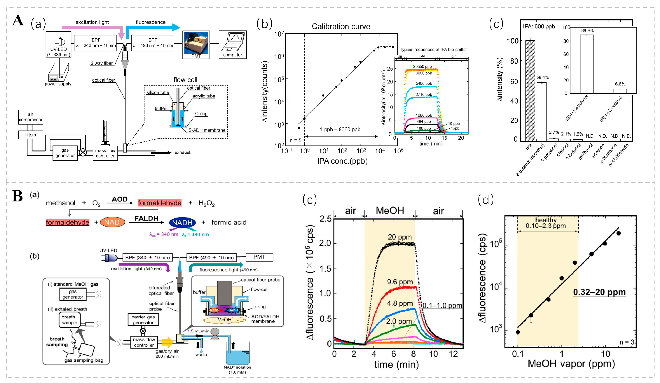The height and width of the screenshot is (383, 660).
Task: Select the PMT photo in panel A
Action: (x=196, y=43)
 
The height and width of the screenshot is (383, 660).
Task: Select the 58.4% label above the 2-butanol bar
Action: (x=542, y=77)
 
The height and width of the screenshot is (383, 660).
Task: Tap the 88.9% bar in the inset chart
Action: (x=587, y=64)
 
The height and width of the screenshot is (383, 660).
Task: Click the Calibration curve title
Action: (x=341, y=26)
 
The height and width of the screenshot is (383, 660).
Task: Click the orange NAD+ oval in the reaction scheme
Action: (x=113, y=222)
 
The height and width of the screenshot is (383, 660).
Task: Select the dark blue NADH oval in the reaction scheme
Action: (x=182, y=222)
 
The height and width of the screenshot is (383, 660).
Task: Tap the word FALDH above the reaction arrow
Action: (x=146, y=218)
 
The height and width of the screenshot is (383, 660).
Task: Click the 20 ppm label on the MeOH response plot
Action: (x=400, y=237)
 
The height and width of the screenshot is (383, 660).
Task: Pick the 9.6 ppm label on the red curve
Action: (x=400, y=282)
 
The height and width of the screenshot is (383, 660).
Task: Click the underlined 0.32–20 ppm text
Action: (x=599, y=292)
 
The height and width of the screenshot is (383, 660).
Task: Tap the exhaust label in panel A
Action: (x=182, y=152)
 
